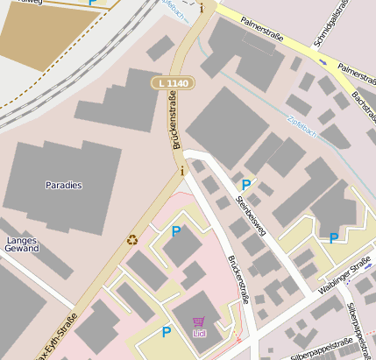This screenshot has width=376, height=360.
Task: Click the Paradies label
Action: click(63, 186)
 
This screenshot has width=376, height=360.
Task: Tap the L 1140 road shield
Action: click(172, 82)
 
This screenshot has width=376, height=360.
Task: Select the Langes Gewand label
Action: click(22, 244)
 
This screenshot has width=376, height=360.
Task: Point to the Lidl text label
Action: click(201, 333)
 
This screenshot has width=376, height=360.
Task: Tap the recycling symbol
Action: click(132, 238)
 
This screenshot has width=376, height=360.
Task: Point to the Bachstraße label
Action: click(361, 104)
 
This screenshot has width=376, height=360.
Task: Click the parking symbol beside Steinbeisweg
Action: click(246, 185)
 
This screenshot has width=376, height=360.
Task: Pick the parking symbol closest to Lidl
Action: click(167, 332)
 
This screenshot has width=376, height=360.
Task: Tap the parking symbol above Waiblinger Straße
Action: click(333, 237)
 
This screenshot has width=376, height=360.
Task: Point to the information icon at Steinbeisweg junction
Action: click(181, 171)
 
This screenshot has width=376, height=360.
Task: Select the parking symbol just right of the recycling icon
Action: click(176, 231)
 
